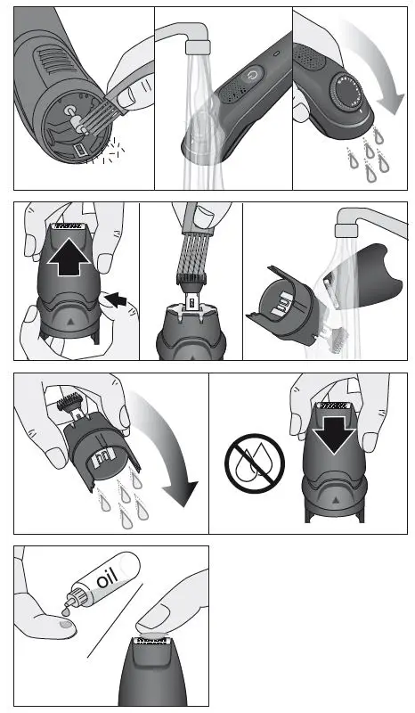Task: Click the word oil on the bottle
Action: pos(108,578)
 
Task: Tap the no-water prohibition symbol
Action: pos(255,463)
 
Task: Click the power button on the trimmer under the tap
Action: pos(254,75)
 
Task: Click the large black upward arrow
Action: pos(69,256)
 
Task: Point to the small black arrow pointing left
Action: pos(116,299)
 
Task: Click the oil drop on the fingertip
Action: pos(66,625)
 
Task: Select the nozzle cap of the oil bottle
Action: pos(77,594)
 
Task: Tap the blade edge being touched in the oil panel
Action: pos(151,641)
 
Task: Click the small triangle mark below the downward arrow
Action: pos(336,499)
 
